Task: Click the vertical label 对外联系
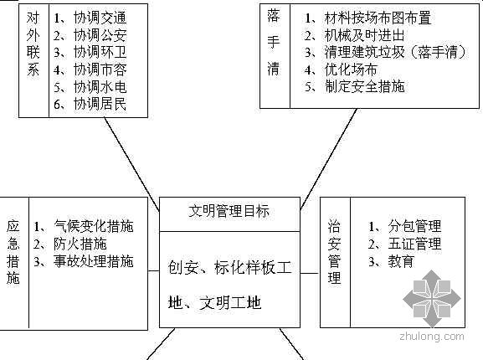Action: point(33,44)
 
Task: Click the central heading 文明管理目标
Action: point(229,211)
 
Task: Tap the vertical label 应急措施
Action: point(13,252)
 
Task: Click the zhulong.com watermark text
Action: point(432,336)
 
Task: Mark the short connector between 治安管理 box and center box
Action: point(311,273)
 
